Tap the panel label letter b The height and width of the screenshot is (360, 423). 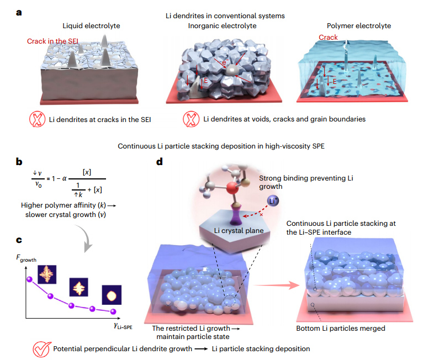(x=19, y=161)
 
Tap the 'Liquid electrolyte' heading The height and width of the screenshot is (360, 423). (x=83, y=25)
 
